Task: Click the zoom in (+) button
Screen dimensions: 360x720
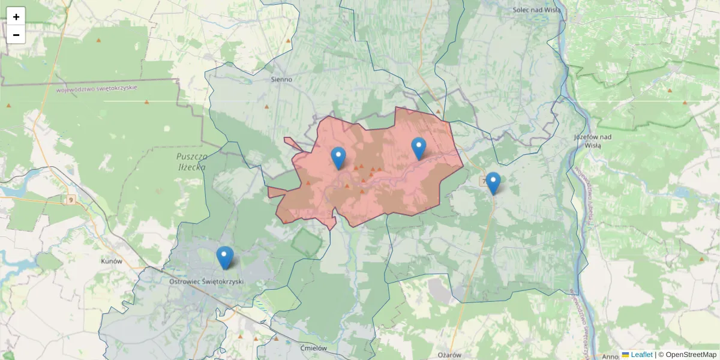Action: pyautogui.click(x=16, y=17)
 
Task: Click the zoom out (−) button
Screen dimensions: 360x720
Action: pyautogui.click(x=16, y=35)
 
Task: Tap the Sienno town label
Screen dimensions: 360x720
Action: pyautogui.click(x=281, y=79)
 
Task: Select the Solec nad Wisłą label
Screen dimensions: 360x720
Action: pyautogui.click(x=536, y=10)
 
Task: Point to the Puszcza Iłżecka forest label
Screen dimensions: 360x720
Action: pyautogui.click(x=191, y=161)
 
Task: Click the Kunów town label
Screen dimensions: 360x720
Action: pyautogui.click(x=112, y=262)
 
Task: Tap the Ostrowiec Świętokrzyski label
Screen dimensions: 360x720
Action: pyautogui.click(x=206, y=281)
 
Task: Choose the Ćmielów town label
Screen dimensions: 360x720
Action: pyautogui.click(x=313, y=348)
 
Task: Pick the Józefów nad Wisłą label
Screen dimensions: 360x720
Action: pyautogui.click(x=592, y=140)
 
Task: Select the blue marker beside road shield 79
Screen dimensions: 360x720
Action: pyautogui.click(x=493, y=183)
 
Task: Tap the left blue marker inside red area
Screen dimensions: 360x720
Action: pyautogui.click(x=338, y=158)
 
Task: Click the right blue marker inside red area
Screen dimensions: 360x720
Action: pyautogui.click(x=418, y=148)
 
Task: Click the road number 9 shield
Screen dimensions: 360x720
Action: pyautogui.click(x=71, y=200)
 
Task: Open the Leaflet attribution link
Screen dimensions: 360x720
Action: pyautogui.click(x=641, y=355)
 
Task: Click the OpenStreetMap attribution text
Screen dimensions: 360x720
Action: pyautogui.click(x=691, y=355)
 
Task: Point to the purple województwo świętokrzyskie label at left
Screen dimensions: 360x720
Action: pyautogui.click(x=97, y=88)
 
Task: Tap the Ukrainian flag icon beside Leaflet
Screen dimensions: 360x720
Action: pyautogui.click(x=626, y=355)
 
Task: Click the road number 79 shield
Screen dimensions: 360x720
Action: pyautogui.click(x=484, y=181)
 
